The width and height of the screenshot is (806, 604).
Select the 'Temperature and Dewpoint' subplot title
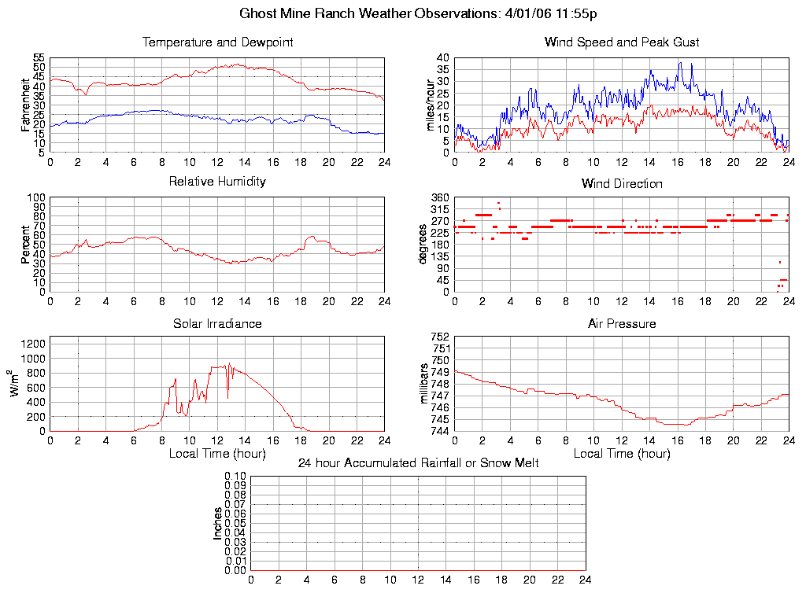click(217, 42)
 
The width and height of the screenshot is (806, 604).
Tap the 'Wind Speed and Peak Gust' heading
click(622, 42)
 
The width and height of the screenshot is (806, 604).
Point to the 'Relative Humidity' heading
click(217, 182)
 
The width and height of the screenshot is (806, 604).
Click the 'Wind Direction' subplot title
click(622, 184)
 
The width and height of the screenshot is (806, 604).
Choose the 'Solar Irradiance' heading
click(217, 323)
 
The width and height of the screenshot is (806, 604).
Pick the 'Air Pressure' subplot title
click(622, 323)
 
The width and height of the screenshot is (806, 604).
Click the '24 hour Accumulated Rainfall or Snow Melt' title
click(418, 463)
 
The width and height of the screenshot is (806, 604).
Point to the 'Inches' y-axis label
click(218, 523)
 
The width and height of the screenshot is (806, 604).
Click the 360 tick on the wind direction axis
click(439, 197)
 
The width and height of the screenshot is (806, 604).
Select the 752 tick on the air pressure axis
click(439, 337)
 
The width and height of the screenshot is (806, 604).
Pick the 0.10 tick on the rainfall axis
click(235, 476)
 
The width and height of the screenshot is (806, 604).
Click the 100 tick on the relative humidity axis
click(37, 197)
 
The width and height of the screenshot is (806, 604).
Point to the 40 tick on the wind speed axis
click(442, 58)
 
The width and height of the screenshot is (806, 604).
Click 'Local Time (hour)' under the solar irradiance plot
click(217, 453)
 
